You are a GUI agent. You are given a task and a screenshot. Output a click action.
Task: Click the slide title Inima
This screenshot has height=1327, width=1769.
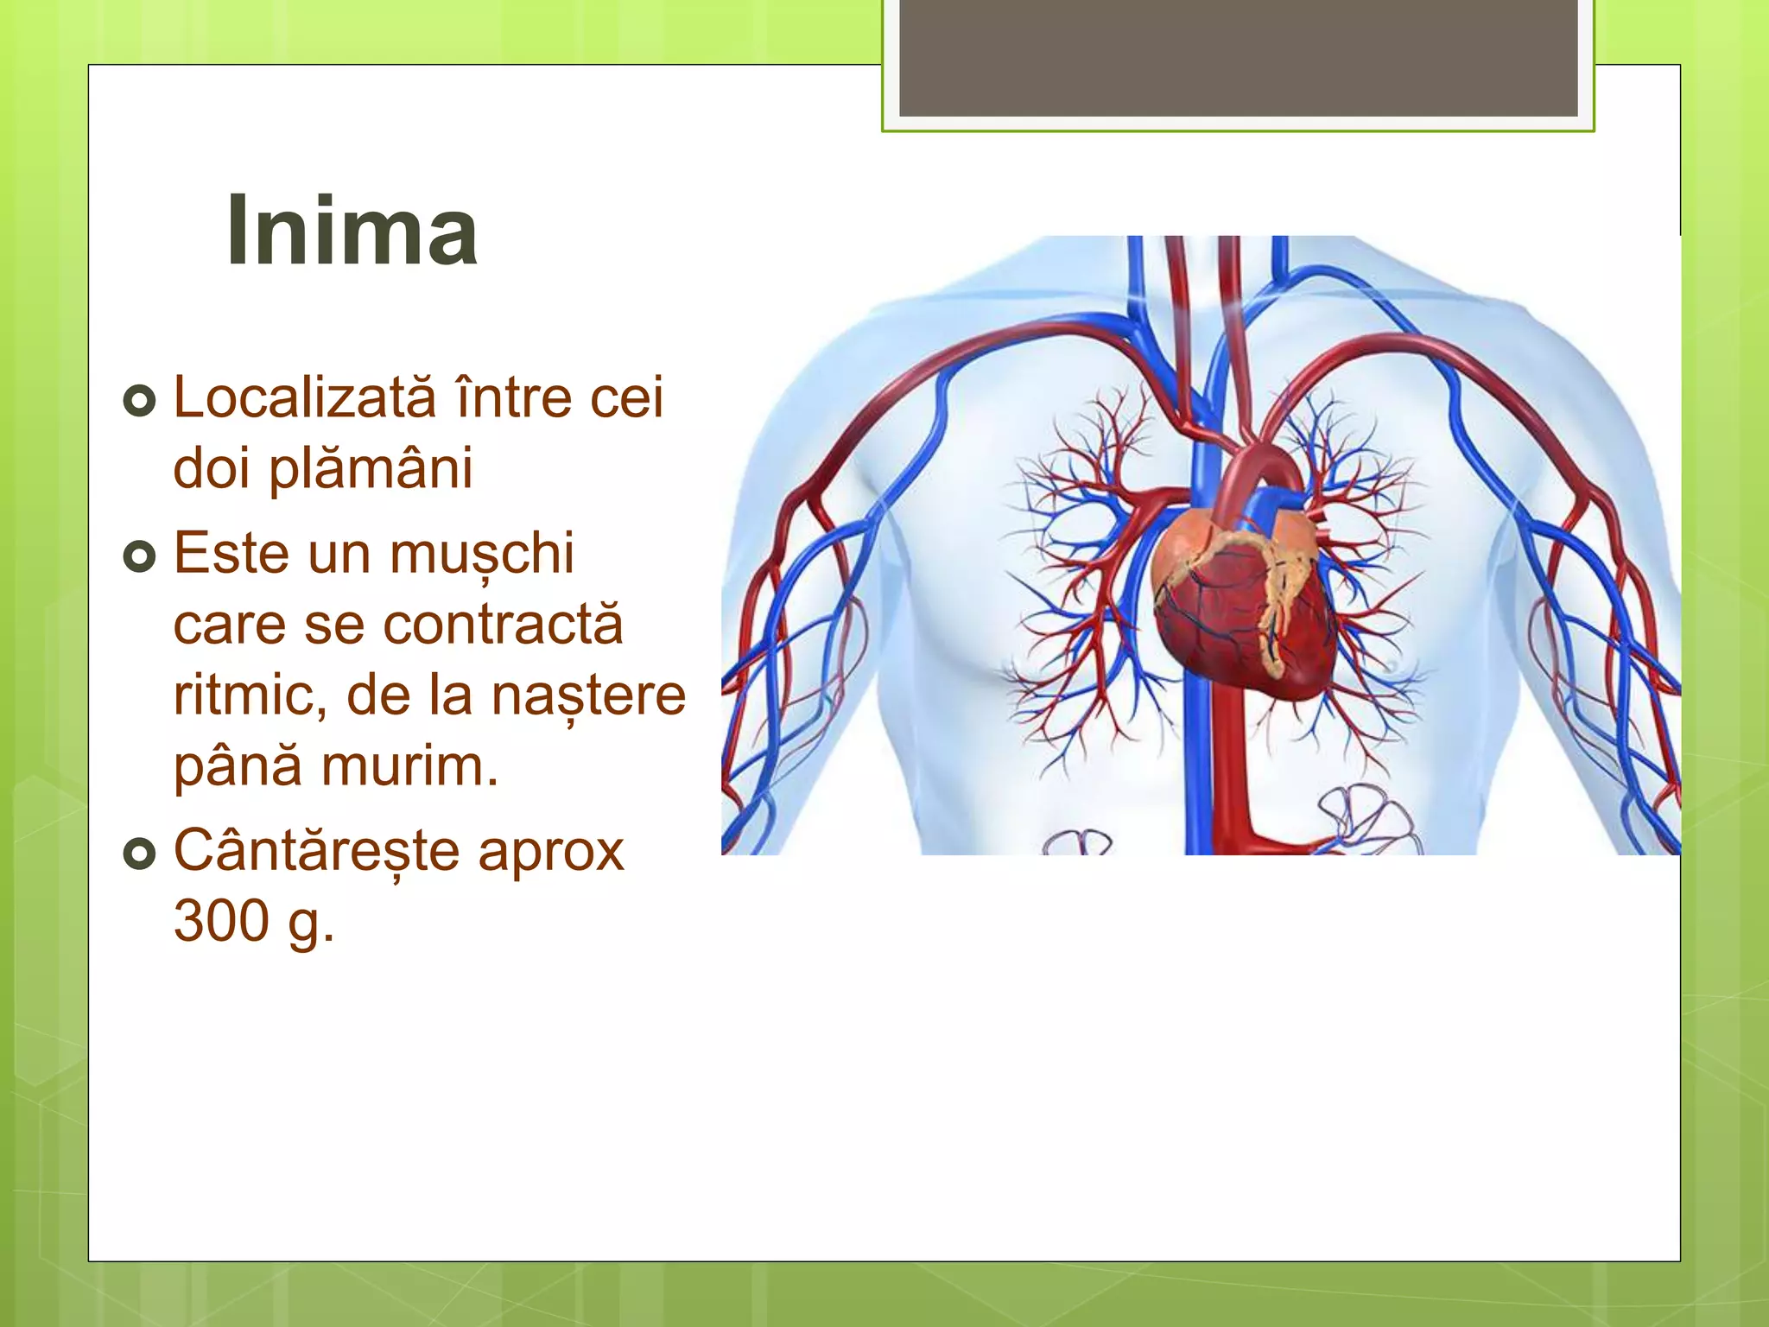click(x=352, y=231)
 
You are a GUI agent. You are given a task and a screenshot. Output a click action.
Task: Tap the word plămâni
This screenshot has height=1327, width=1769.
click(x=371, y=469)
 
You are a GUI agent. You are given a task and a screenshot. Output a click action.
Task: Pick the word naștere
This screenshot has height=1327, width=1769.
click(x=588, y=696)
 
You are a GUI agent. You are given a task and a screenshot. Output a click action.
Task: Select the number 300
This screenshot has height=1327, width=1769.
click(x=222, y=921)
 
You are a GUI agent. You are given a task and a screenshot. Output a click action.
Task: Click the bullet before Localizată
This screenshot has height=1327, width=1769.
click(x=139, y=401)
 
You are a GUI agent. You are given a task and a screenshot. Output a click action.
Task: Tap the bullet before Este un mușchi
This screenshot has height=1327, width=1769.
click(x=139, y=556)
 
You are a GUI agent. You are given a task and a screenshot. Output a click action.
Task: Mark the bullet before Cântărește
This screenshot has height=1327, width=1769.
click(x=139, y=854)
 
